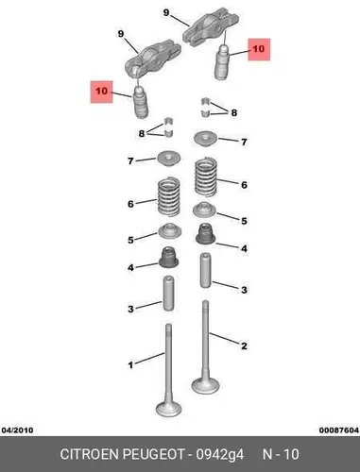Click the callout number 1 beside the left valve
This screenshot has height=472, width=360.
tap(130, 365)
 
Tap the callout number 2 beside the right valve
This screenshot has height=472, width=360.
tap(244, 346)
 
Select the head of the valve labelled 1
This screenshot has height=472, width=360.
tap(169, 409)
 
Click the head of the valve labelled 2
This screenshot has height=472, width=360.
tap(205, 385)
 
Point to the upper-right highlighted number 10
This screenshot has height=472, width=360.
tap(259, 49)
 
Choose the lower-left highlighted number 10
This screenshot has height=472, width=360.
tap(101, 92)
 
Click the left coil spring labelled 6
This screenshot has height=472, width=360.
tap(169, 196)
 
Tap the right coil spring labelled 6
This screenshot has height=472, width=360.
tap(206, 177)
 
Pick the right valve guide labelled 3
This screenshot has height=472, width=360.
tap(205, 270)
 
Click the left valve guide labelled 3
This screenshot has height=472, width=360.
tap(168, 294)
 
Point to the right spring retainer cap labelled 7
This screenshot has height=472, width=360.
tap(205, 139)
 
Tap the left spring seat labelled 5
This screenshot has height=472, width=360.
tap(169, 231)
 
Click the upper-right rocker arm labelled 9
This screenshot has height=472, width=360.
tap(211, 28)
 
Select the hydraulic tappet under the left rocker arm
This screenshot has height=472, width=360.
tap(141, 102)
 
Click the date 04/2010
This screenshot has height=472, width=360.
tap(17, 430)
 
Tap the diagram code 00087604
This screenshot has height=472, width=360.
tap(339, 430)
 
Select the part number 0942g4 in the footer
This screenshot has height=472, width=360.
tap(220, 455)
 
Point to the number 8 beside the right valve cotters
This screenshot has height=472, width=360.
tap(234, 112)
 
